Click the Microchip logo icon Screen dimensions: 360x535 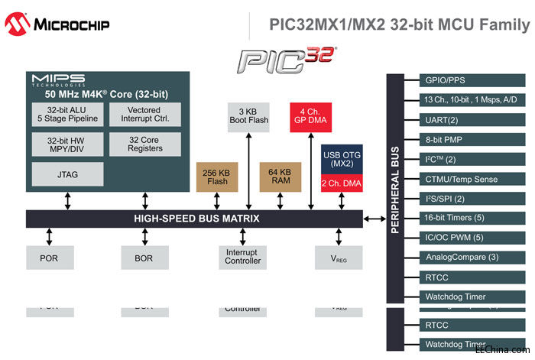(x=18, y=24)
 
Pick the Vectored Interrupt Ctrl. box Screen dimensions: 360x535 (x=145, y=114)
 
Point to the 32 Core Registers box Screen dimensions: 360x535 (x=145, y=144)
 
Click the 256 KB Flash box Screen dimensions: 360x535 (x=216, y=177)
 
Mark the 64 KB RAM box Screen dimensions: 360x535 (x=280, y=177)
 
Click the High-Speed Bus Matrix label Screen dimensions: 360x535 (x=197, y=219)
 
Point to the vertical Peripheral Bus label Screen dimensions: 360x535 (x=395, y=192)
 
